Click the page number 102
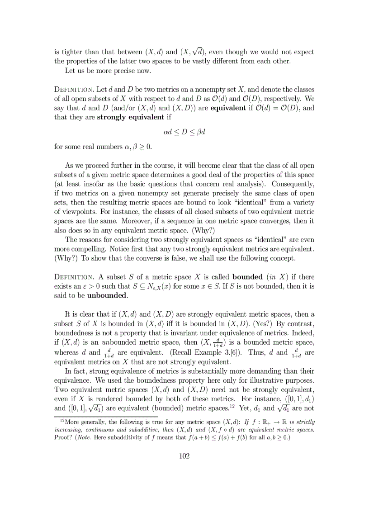[184, 456]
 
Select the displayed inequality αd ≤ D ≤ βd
[184, 132]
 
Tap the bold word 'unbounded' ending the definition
[107, 296]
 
